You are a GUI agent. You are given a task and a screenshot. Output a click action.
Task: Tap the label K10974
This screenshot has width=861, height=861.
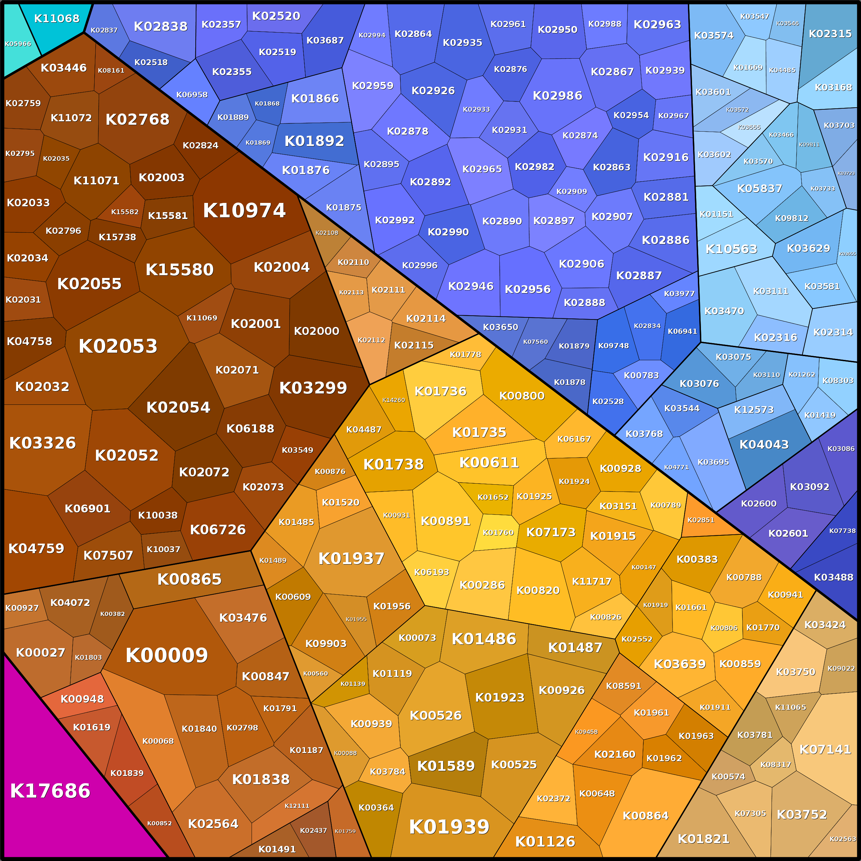point(244,210)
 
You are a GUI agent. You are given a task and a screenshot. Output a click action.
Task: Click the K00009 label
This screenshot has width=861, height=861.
point(167,655)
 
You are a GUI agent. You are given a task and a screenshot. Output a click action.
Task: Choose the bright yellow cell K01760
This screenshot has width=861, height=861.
point(498,533)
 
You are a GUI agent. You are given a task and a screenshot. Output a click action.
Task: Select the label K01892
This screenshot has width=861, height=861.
point(314,141)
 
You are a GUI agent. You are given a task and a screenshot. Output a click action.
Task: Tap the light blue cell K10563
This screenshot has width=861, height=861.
point(731,249)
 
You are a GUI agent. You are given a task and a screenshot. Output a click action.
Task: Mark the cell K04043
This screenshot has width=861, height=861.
point(764,444)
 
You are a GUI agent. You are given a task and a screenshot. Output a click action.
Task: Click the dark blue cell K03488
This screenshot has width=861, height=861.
point(833,577)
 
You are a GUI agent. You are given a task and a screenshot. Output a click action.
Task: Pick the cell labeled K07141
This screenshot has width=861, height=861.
point(825,749)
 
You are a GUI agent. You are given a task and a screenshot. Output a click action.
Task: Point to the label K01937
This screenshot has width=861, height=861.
point(351,558)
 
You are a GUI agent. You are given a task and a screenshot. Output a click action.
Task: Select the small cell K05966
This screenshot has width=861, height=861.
point(18,44)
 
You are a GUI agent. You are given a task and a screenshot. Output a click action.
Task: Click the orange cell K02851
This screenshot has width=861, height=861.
point(701,520)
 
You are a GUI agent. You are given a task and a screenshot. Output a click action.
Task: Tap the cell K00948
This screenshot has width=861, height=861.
point(82,699)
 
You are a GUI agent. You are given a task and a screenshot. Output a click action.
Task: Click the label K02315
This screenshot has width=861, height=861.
point(830,34)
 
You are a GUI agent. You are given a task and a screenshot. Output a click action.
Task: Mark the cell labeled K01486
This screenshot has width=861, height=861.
point(484,639)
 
